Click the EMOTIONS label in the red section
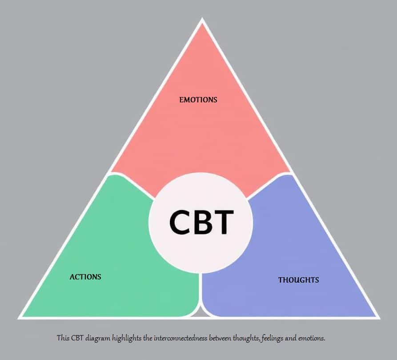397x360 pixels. point(198,100)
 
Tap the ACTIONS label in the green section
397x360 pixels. point(85,277)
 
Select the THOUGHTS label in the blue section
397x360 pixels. point(298,280)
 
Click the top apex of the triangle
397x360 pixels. point(202,20)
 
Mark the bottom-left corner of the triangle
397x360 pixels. point(20,317)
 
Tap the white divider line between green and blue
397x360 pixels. point(201,289)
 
